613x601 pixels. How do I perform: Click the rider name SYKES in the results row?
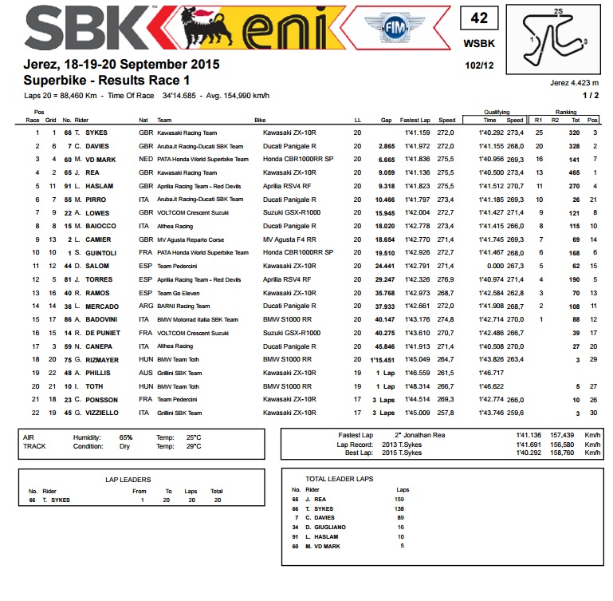[x=99, y=132]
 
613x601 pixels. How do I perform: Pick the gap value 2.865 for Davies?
[x=387, y=147]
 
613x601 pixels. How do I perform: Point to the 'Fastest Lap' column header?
[x=415, y=119]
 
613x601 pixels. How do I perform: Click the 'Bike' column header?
[x=260, y=119]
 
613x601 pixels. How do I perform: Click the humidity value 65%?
[x=126, y=437]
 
